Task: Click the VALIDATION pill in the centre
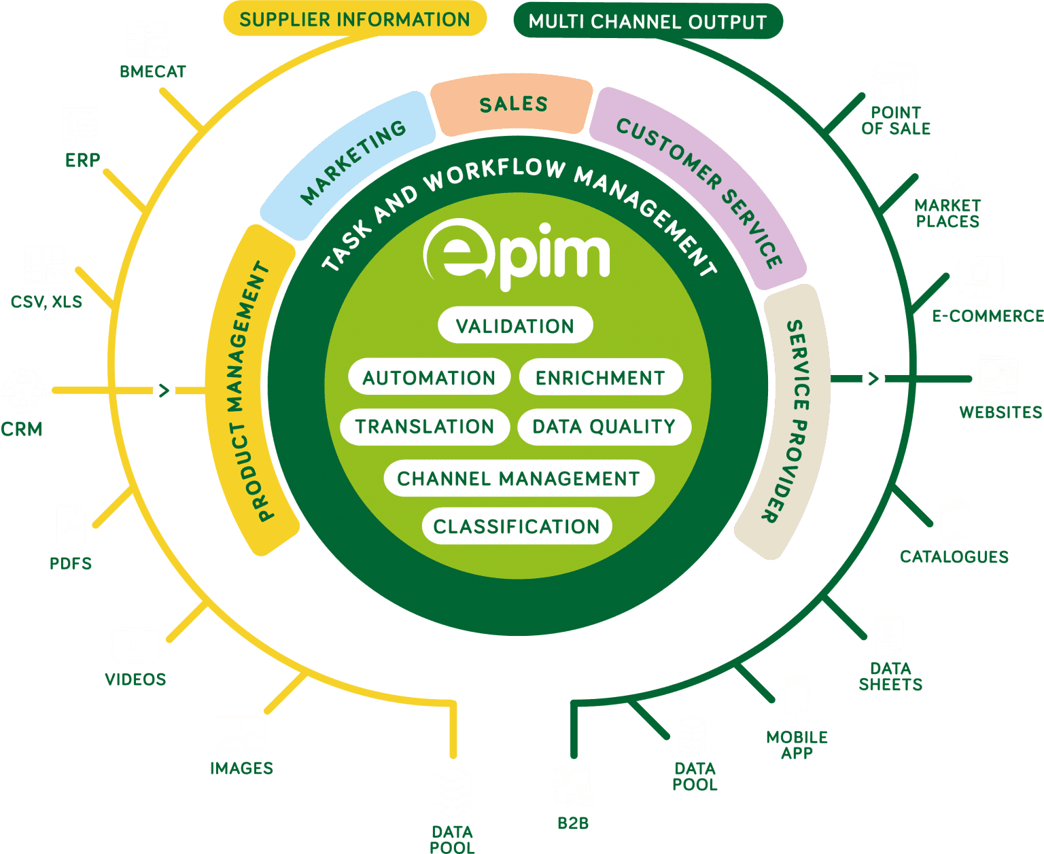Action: point(515,326)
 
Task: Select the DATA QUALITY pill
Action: point(604,427)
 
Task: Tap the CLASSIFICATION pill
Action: point(517,527)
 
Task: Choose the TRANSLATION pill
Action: point(425,427)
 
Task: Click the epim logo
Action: point(517,253)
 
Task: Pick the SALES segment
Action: point(513,105)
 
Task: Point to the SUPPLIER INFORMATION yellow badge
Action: point(355,19)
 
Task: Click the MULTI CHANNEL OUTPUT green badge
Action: point(647,22)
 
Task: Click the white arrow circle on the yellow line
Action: point(164,391)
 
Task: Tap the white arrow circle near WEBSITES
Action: point(873,378)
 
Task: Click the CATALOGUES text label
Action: point(954,557)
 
